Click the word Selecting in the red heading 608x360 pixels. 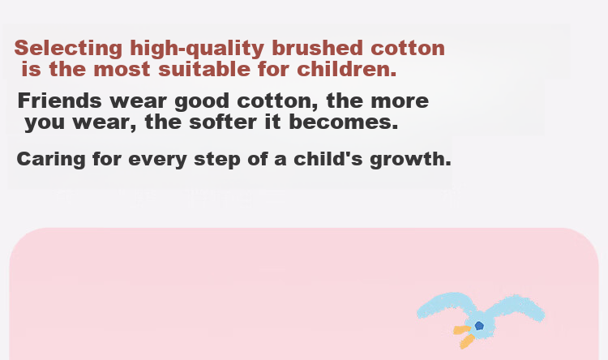click(68, 49)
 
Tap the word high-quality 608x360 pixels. click(197, 49)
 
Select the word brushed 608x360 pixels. click(317, 48)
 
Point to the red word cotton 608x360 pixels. click(408, 49)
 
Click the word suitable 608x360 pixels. click(204, 69)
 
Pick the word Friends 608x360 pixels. click(60, 101)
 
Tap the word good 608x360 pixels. click(202, 101)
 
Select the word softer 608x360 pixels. click(223, 122)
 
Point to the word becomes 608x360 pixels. click(344, 122)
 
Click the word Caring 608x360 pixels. click(51, 160)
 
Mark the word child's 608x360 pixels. click(328, 159)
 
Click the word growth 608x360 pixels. click(411, 160)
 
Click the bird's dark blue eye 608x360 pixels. click(479, 325)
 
